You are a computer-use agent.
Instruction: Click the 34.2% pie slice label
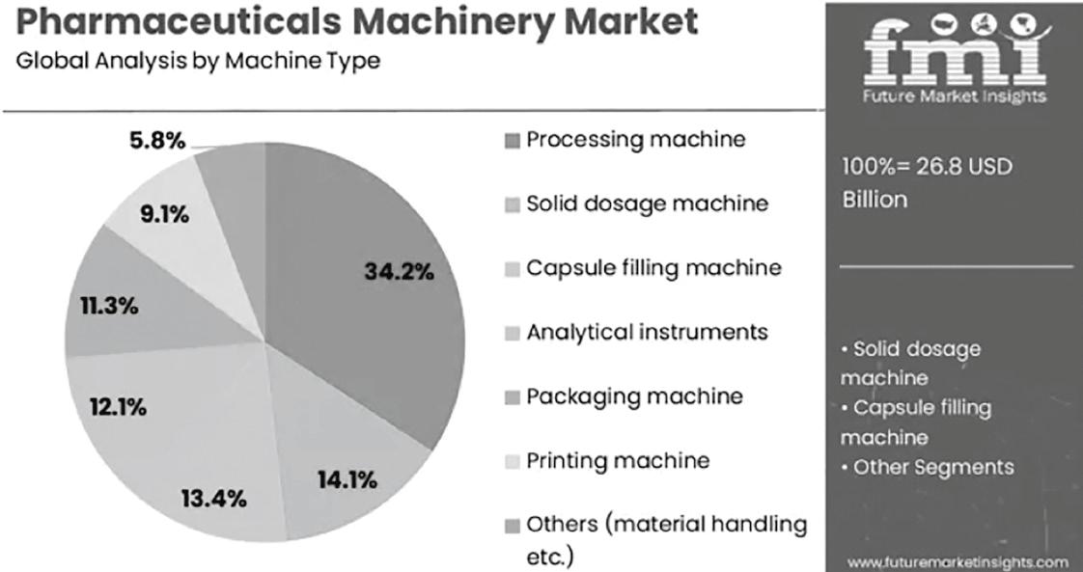tap(400, 272)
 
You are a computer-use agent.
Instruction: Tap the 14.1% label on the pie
tap(347, 479)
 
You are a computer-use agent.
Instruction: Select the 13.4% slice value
tap(214, 498)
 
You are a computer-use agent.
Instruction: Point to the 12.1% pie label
tap(118, 408)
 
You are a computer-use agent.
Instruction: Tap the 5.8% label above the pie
tap(156, 142)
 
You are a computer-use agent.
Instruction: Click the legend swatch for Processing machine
tap(512, 142)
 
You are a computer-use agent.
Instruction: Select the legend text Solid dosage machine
tap(647, 204)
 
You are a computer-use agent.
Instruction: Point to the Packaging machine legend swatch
tap(512, 398)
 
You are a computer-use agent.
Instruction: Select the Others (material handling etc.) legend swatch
tap(512, 527)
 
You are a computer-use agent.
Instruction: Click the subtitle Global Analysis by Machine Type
tap(198, 62)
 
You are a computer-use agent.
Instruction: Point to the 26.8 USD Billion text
tap(927, 183)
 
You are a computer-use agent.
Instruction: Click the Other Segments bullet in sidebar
tap(927, 467)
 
